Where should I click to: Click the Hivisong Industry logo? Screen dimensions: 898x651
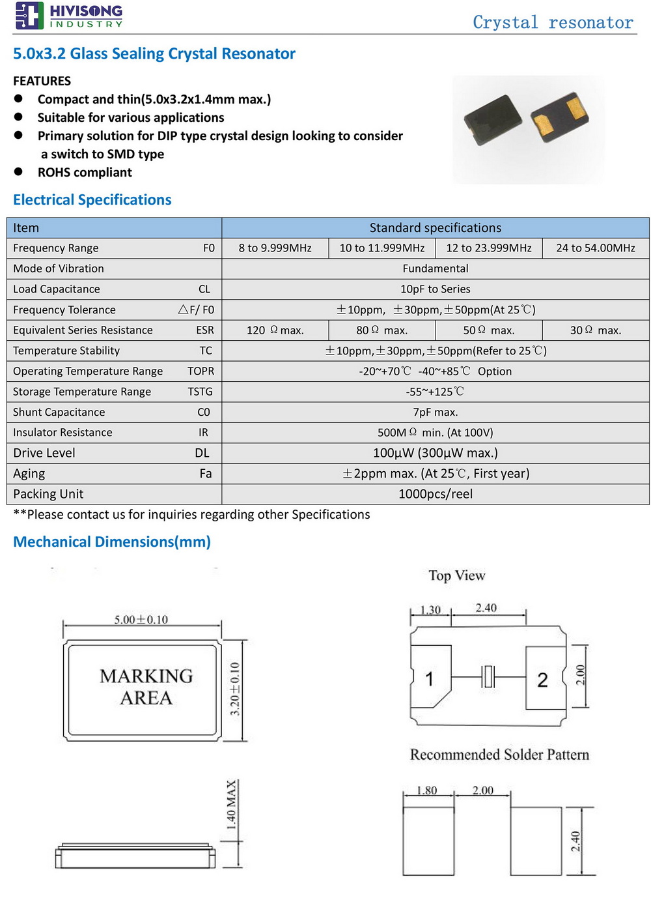[68, 16]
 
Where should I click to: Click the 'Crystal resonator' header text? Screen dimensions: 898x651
[553, 23]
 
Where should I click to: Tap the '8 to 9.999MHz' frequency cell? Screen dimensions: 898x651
[275, 248]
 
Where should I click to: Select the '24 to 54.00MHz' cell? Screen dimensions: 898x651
[595, 248]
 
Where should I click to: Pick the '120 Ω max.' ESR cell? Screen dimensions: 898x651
[275, 330]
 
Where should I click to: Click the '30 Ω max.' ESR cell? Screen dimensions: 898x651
[595, 330]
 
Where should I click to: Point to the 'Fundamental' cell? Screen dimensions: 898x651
[435, 268]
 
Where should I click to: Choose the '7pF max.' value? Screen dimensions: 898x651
[435, 413]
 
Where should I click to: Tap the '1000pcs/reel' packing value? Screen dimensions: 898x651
[435, 494]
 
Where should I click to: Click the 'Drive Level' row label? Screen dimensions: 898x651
[44, 453]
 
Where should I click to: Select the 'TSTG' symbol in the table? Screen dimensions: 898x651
[201, 392]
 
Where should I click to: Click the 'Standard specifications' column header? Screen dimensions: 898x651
[435, 228]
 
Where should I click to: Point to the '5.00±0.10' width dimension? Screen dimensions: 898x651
[141, 620]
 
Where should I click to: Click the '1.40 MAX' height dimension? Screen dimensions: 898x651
[231, 805]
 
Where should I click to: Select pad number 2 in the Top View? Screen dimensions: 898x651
[542, 680]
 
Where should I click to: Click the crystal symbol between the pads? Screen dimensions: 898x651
[488, 676]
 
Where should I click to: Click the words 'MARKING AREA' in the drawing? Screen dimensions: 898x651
[146, 687]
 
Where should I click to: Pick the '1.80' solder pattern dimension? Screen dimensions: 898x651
[426, 790]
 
